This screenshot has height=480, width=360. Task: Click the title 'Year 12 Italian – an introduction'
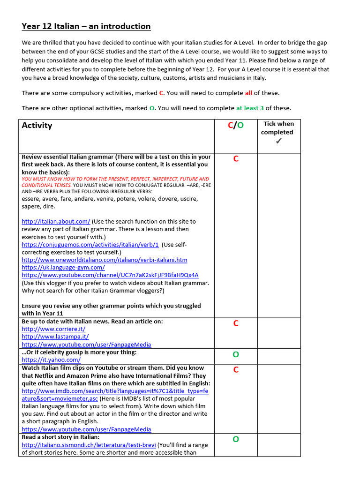pos(86,26)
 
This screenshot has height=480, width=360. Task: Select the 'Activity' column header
pos(37,126)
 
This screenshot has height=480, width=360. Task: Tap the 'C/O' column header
pos(236,126)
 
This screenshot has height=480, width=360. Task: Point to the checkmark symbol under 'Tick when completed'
pos(278,141)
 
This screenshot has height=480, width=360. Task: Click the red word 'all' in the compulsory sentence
pos(249,93)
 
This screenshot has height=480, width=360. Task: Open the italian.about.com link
pos(56,221)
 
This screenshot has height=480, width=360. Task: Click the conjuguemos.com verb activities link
pos(90,245)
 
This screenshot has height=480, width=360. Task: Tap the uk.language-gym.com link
pos(63,267)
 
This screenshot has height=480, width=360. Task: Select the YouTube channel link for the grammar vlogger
pos(110,275)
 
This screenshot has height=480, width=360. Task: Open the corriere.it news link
pos(53,329)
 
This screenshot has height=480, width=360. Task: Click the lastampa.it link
pos(55,337)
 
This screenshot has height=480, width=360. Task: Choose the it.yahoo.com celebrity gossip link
pos(51,360)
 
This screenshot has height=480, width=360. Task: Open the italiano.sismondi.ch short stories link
pos(88,445)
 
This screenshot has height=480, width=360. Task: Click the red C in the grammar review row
pos(236,159)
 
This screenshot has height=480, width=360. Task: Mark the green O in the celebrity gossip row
pos(236,355)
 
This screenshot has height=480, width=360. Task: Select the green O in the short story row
pos(236,439)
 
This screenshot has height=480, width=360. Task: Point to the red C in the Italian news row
pos(236,323)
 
